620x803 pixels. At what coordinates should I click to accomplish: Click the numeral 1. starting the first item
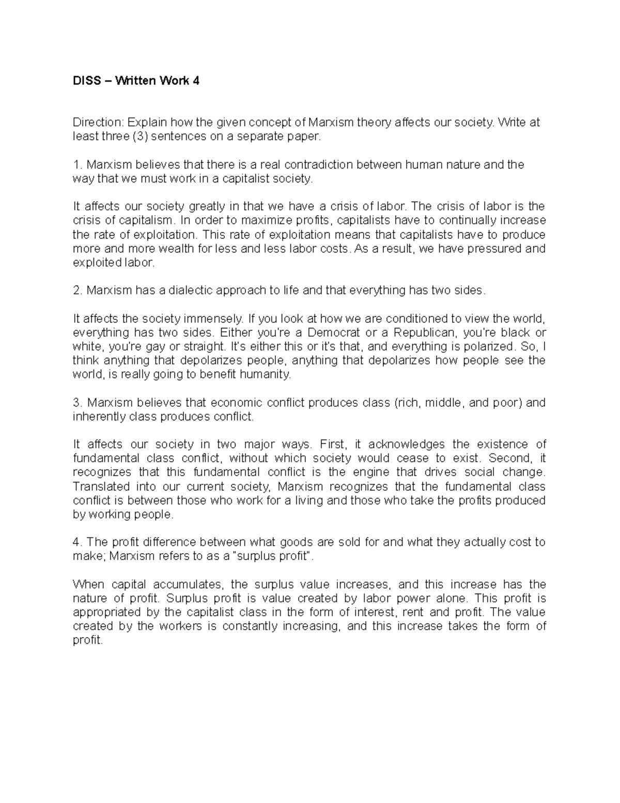[x=78, y=164]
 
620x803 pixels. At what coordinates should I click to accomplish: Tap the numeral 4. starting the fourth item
[x=78, y=542]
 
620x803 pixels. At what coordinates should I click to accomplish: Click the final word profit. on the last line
[x=88, y=640]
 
